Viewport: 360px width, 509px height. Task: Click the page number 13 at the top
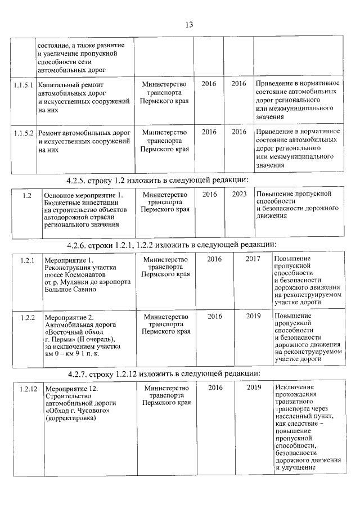[x=188, y=25]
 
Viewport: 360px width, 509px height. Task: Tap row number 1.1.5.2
[x=24, y=132]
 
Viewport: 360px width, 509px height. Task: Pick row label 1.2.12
[x=28, y=388]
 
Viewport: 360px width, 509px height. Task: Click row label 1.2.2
[x=28, y=317]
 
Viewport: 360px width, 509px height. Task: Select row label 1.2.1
[x=28, y=260]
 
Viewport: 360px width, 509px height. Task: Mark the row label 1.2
[x=26, y=195]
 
